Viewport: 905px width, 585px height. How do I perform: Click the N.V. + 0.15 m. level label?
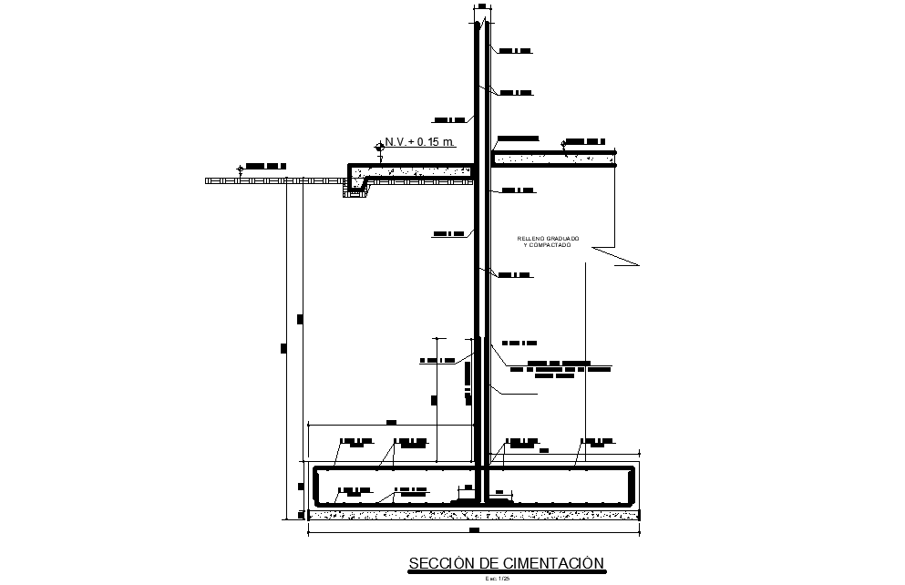pyautogui.click(x=420, y=142)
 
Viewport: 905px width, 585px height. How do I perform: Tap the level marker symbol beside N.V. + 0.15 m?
pyautogui.click(x=379, y=147)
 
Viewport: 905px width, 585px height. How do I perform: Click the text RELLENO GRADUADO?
pyautogui.click(x=547, y=239)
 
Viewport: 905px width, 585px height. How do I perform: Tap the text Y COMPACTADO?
pyautogui.click(x=547, y=246)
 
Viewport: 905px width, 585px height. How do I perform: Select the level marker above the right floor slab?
pyautogui.click(x=565, y=144)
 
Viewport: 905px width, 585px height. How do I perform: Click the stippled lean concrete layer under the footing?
pyautogui.click(x=474, y=515)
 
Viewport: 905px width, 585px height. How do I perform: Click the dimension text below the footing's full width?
pyautogui.click(x=474, y=529)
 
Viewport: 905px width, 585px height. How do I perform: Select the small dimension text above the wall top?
pyautogui.click(x=480, y=7)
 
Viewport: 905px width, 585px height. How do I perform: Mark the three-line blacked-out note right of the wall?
pyautogui.click(x=558, y=368)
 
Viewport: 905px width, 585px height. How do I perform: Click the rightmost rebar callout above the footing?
pyautogui.click(x=598, y=443)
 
